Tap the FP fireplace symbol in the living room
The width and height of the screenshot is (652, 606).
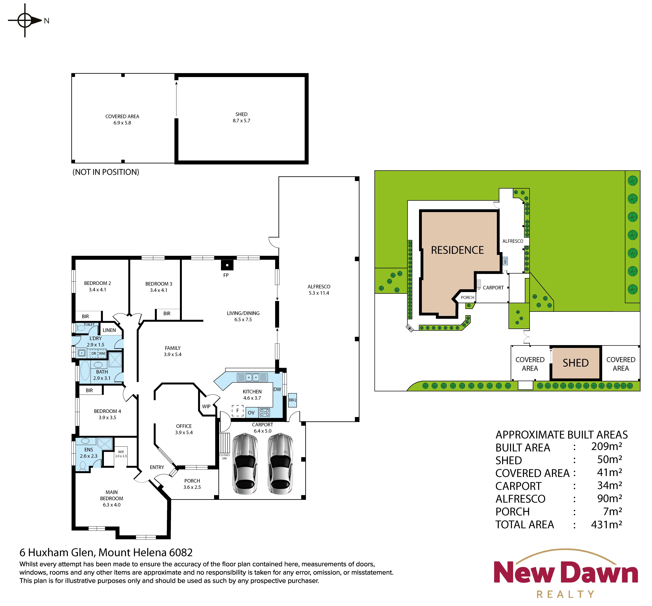pos(227,265)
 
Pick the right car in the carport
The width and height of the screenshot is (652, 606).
pos(280,464)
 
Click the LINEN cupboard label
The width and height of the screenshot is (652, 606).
pos(109,330)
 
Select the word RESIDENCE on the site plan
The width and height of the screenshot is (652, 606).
pos(457,250)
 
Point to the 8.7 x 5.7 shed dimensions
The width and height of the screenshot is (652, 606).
pos(241,121)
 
